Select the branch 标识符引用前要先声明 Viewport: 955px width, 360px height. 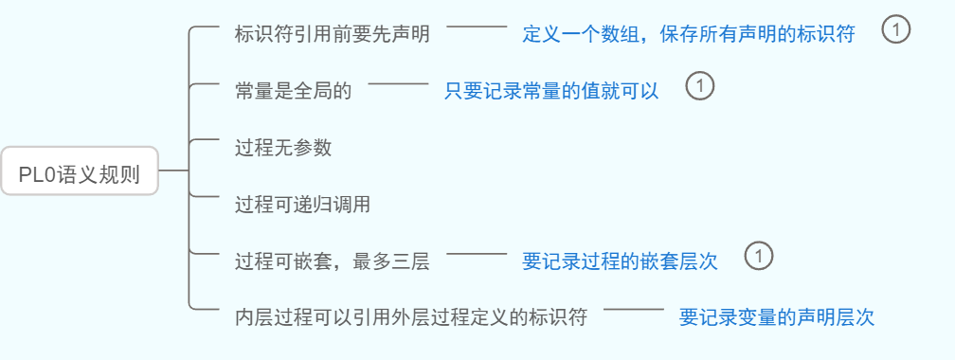click(x=332, y=34)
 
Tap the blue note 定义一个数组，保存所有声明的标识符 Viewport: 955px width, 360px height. click(x=689, y=35)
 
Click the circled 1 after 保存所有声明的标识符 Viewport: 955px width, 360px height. click(x=895, y=30)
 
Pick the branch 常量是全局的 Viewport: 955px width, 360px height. click(x=293, y=91)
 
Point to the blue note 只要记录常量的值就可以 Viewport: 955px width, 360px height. click(x=551, y=91)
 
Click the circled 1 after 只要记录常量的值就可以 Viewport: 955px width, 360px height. click(x=699, y=87)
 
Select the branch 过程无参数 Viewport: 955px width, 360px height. click(x=282, y=148)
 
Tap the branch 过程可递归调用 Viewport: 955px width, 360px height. click(x=302, y=205)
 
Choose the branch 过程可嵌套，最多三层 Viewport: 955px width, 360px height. click(x=332, y=261)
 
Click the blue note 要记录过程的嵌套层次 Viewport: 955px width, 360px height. click(x=620, y=261)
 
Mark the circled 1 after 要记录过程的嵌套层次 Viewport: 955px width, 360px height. click(x=759, y=257)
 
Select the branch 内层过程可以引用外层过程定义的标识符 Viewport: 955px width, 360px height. click(x=410, y=317)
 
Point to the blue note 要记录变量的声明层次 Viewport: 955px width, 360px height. click(x=777, y=317)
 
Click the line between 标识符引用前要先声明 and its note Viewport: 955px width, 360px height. click(x=477, y=27)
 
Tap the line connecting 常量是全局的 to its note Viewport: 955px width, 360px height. click(x=398, y=84)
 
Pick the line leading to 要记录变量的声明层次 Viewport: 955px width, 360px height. click(x=634, y=310)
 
